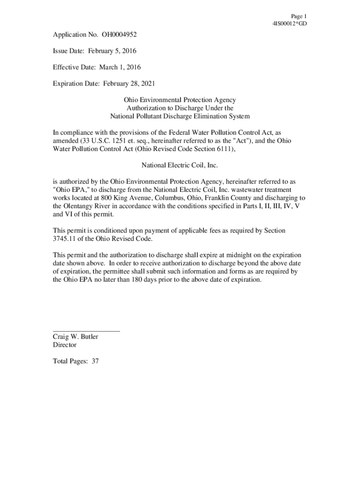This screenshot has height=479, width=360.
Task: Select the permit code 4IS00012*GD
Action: pos(289,23)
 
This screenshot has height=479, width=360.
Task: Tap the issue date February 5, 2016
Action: pos(109,51)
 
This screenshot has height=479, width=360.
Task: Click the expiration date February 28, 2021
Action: pos(129,84)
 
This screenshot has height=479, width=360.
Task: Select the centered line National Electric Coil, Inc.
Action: pos(180,165)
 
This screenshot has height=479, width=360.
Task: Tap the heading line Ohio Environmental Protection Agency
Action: pos(180,100)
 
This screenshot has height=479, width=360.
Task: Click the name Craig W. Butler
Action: pos(75,337)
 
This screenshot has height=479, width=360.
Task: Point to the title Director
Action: pos(65,345)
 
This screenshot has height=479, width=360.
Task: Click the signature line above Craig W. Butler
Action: pos(86,331)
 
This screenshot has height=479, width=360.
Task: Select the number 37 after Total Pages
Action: pos(95,361)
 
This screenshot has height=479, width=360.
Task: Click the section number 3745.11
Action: pos(65,239)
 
